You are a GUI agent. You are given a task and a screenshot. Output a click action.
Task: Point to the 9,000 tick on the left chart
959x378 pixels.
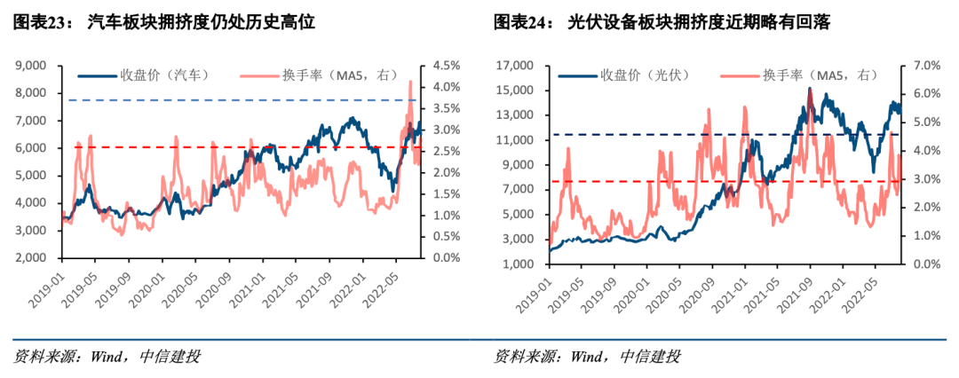tap(33, 66)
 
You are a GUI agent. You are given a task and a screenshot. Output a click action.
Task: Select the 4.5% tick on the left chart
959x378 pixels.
tap(444, 66)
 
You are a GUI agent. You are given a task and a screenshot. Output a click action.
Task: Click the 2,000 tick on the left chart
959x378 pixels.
tap(33, 258)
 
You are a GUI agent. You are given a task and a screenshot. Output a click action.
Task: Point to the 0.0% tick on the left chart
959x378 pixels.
tap(444, 258)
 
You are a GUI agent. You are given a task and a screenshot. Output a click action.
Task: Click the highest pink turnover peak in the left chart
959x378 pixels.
tap(409, 82)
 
